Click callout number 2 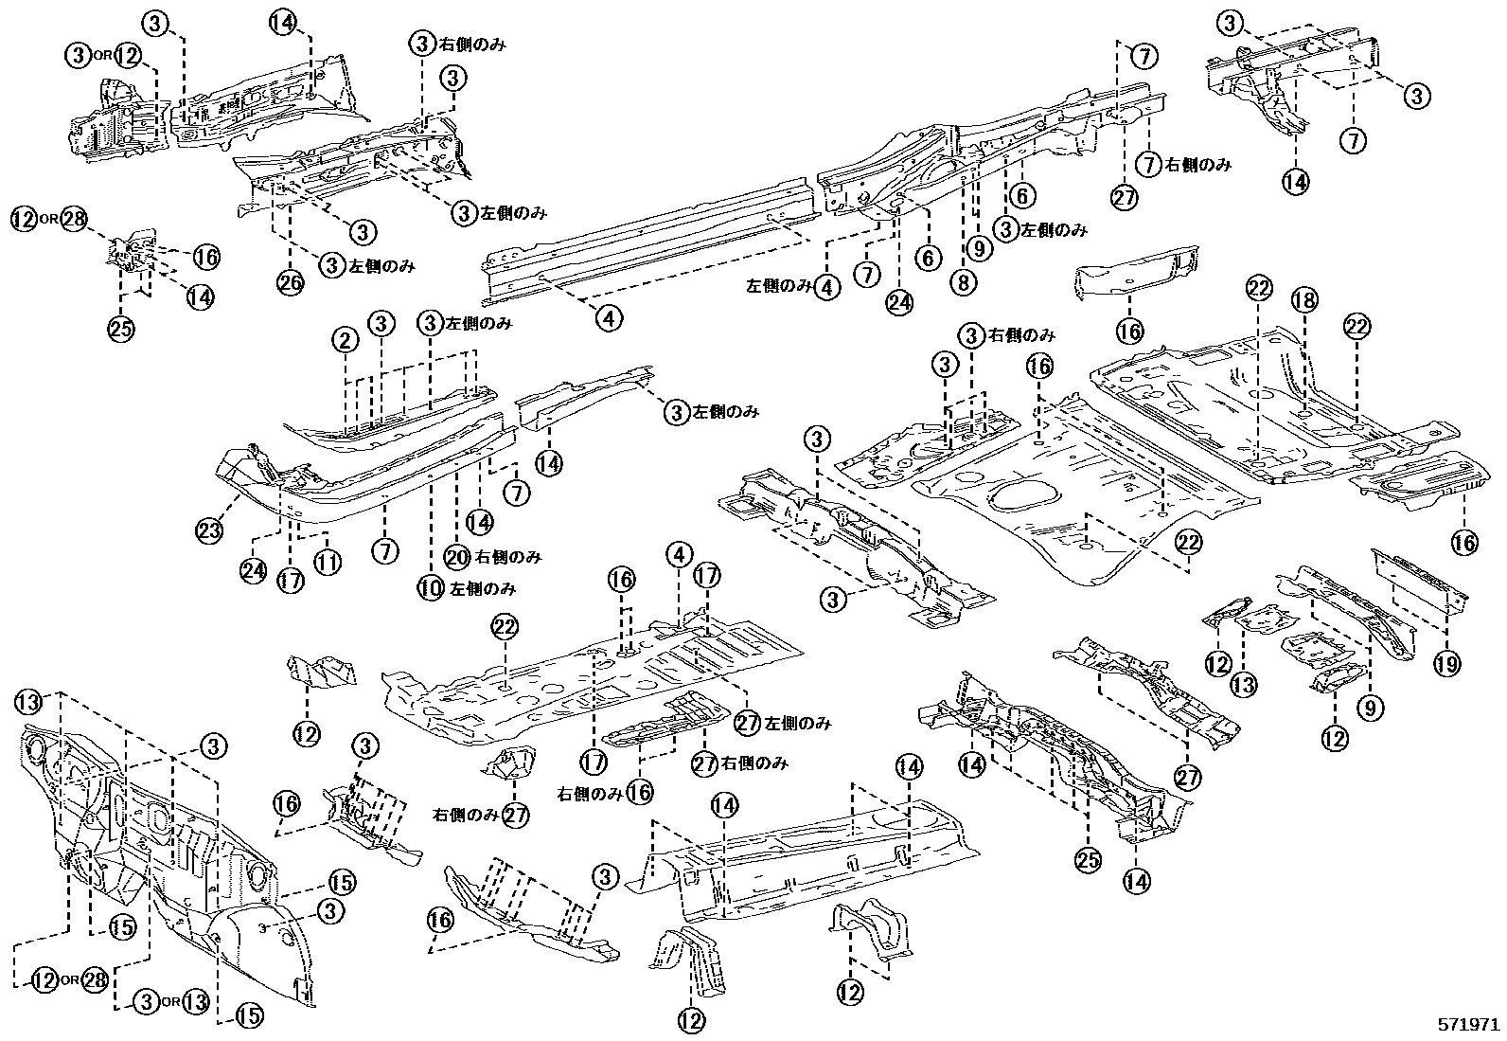pos(345,339)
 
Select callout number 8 pos(964,281)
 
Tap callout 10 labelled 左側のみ pos(431,588)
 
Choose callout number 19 pos(1447,662)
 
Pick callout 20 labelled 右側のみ pos(457,557)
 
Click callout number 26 pos(289,281)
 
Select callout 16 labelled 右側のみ pos(640,792)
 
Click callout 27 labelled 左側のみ pos(748,722)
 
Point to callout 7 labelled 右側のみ pos(1149,163)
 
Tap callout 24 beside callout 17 pos(255,573)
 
